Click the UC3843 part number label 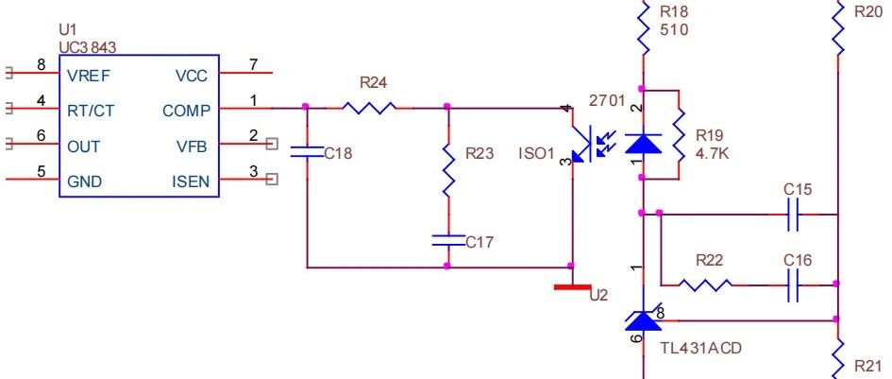(x=88, y=47)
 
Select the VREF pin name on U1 (x=90, y=76)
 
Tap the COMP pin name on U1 (x=186, y=111)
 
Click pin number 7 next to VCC (x=253, y=64)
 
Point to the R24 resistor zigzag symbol (x=369, y=107)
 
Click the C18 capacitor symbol (x=307, y=151)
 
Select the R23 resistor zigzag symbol (x=448, y=170)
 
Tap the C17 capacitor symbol (x=448, y=240)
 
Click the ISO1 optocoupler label (x=536, y=153)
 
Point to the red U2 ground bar (x=572, y=287)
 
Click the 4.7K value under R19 (x=712, y=154)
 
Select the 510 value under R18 (x=674, y=29)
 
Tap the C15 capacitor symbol (x=794, y=215)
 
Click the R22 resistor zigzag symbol (x=705, y=284)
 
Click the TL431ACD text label (x=700, y=348)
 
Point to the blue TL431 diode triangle (x=644, y=320)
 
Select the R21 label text (x=868, y=366)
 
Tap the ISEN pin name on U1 (x=191, y=181)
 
